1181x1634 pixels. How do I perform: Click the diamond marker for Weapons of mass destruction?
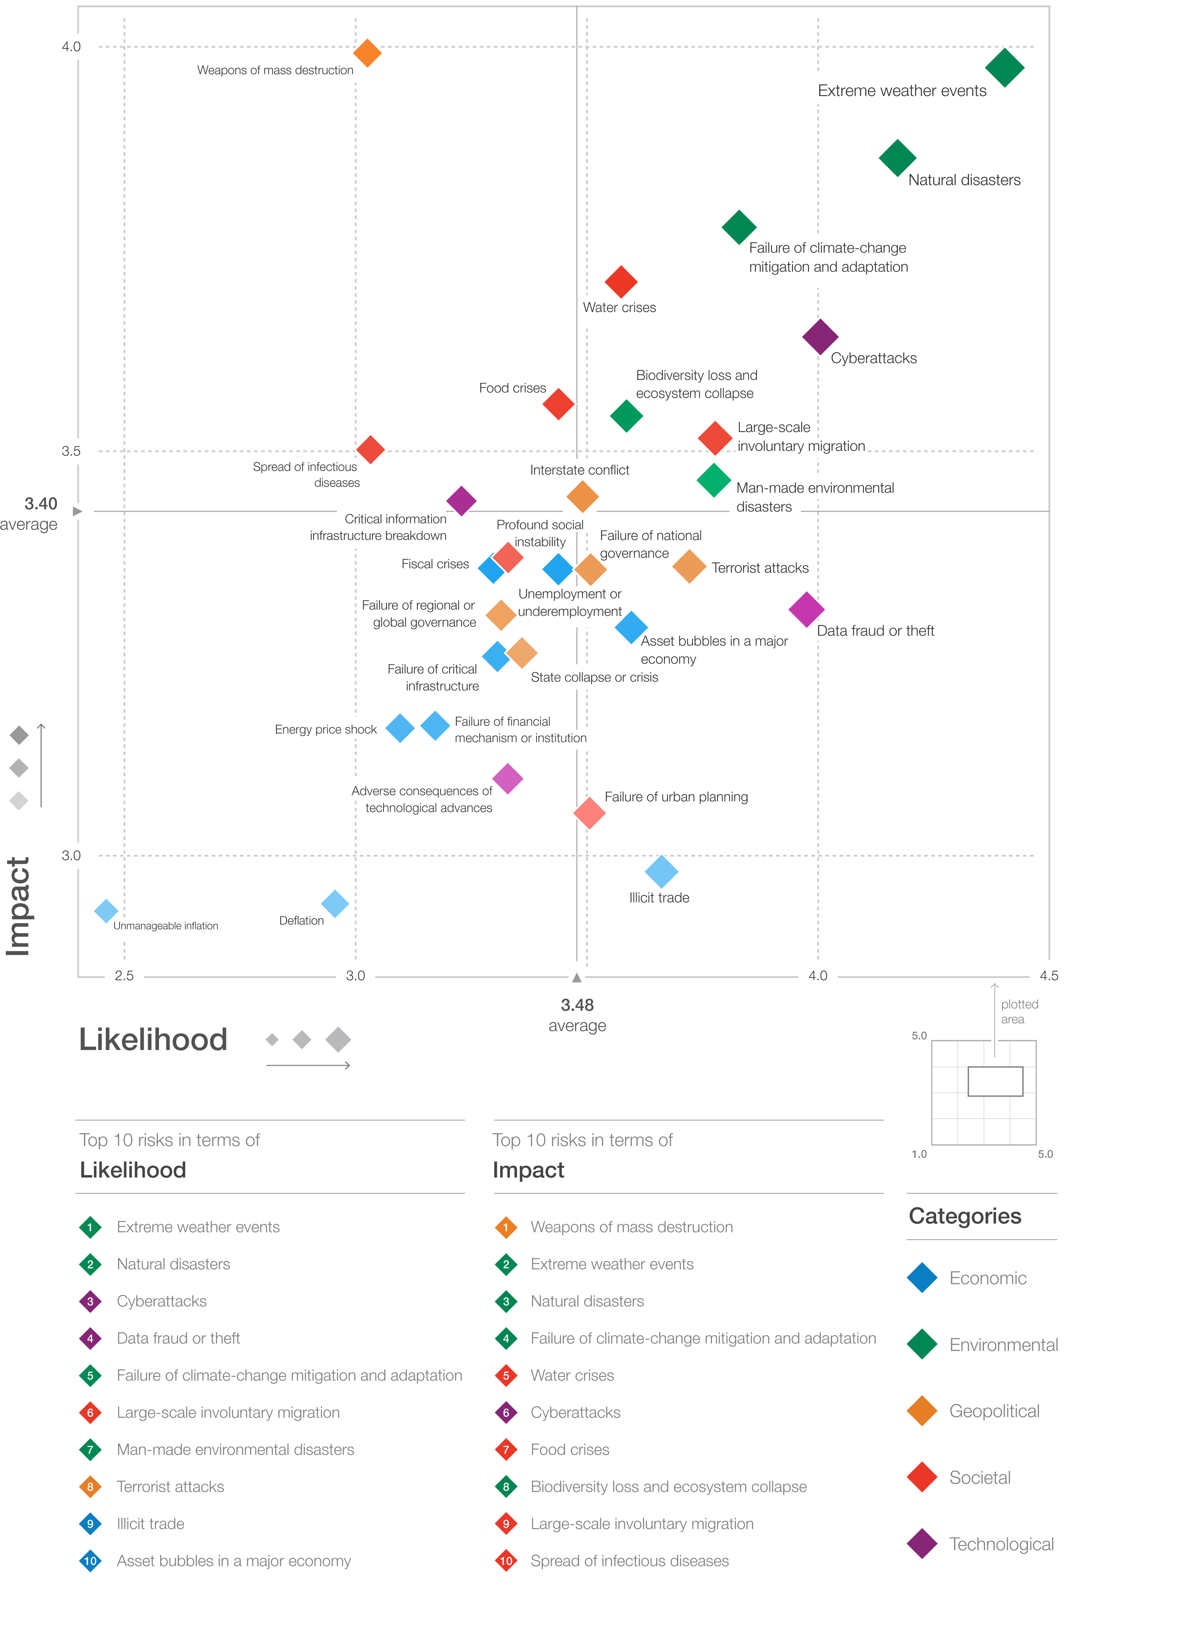coord(367,53)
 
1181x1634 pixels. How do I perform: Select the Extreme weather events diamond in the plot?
coord(1004,68)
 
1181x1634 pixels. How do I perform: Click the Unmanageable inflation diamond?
coord(106,911)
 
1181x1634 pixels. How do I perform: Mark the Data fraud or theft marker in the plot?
coord(806,609)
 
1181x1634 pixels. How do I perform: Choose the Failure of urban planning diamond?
coord(589,813)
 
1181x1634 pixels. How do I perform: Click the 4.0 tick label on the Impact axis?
coord(71,47)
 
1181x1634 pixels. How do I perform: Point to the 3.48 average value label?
coord(577,1005)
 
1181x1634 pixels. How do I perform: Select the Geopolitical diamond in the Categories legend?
coord(922,1411)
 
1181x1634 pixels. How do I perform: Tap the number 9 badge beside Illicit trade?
coord(90,1524)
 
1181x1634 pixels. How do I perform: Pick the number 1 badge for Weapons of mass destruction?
coord(506,1227)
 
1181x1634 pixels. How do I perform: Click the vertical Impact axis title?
coord(18,906)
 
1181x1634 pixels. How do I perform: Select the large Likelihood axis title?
coord(153,1040)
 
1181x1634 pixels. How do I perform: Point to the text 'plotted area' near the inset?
coord(1019,1012)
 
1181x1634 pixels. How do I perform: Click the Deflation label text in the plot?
coord(301,921)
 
